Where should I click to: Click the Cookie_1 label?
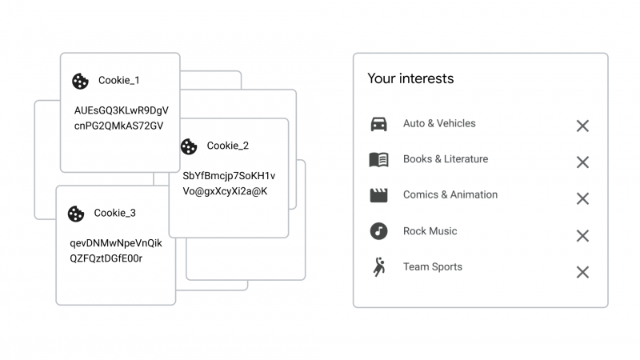pos(118,81)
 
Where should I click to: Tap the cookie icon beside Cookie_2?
pos(189,146)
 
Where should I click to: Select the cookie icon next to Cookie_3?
pos(76,214)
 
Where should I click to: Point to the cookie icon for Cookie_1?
pos(81,82)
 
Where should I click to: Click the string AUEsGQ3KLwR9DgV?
pos(122,110)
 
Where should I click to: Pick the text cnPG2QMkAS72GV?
pos(118,126)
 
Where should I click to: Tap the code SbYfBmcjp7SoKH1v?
pos(229,176)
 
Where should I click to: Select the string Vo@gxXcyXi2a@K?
pos(225,191)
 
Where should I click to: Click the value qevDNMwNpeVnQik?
pos(116,243)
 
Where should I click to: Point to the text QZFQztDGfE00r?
pos(106,258)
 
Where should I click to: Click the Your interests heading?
pos(410,78)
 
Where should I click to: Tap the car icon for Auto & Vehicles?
pos(378,124)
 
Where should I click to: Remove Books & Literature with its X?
pos(582,162)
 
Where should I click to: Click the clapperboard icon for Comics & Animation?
pos(378,195)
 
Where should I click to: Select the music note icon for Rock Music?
pos(378,231)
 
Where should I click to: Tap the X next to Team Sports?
pos(582,272)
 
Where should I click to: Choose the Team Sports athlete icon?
pos(379,267)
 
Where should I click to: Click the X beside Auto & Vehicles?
pos(582,126)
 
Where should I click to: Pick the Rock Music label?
pos(430,231)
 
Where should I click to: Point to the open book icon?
pos(378,159)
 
